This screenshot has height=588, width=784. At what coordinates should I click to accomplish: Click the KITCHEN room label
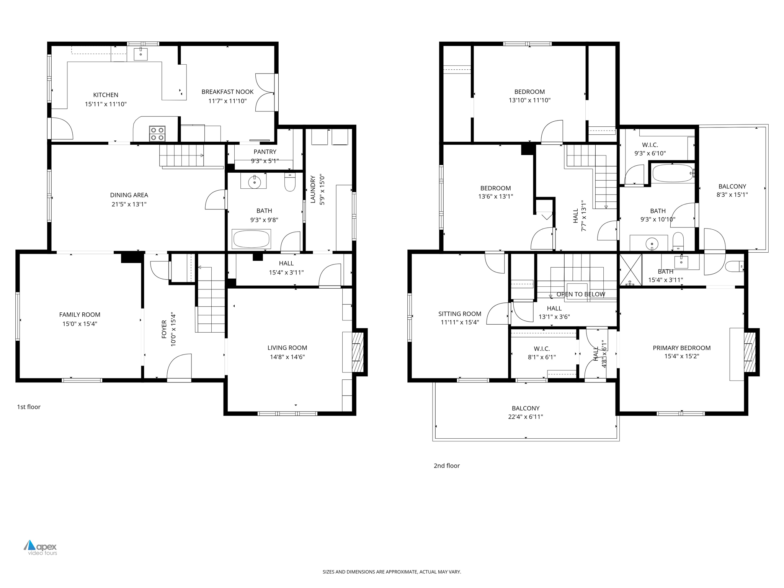106,95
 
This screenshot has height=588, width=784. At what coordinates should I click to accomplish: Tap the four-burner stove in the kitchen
157,134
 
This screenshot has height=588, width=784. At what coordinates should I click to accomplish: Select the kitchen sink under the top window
140,54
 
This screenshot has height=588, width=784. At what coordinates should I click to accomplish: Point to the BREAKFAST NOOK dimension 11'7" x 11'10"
227,101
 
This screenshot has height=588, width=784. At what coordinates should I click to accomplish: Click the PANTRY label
265,152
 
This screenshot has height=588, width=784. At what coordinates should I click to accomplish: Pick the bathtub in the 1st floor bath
252,239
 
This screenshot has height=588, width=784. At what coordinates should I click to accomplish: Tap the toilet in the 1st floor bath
290,183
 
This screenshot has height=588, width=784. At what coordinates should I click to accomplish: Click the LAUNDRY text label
313,189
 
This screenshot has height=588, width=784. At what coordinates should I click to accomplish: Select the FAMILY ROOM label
80,315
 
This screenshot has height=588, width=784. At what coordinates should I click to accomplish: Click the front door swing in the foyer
179,367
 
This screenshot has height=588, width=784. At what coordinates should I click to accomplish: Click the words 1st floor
29,407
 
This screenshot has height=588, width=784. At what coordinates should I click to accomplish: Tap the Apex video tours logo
40,547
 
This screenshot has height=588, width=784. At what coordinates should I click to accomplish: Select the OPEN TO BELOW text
581,294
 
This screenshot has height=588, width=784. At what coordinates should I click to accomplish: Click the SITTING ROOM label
459,314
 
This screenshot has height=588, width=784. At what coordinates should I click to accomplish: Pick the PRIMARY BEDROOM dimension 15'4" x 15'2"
681,356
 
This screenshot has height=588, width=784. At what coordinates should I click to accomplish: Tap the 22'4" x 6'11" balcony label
525,417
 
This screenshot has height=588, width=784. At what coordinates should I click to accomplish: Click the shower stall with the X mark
630,270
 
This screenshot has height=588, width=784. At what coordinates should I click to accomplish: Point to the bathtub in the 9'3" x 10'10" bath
673,173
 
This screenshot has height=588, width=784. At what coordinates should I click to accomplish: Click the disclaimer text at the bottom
392,572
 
